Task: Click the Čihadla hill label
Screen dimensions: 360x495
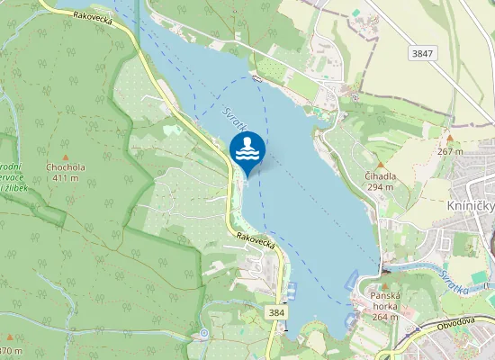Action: coord(382,176)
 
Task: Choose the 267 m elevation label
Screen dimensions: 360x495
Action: coord(450,151)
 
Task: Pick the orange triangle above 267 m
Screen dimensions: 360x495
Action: coord(449,140)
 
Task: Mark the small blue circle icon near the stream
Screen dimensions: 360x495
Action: coord(204,334)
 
